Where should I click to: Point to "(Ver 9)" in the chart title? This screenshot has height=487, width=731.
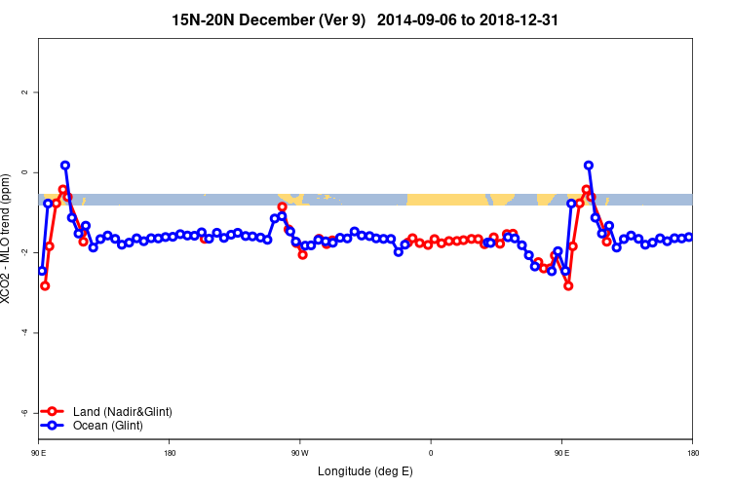click(x=337, y=19)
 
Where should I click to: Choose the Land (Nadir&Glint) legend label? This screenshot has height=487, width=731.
click(x=122, y=412)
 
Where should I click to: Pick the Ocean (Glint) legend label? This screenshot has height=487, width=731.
click(x=108, y=426)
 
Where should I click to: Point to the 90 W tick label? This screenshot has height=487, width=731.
click(x=299, y=453)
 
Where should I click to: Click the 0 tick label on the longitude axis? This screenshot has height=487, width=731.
click(x=430, y=453)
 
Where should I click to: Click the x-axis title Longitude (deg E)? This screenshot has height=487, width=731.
click(x=365, y=471)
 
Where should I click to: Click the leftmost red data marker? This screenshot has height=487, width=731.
click(x=45, y=285)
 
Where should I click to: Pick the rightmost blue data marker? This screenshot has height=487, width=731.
click(x=689, y=237)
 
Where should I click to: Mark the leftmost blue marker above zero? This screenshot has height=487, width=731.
click(x=65, y=166)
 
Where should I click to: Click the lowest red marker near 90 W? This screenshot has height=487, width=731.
click(x=303, y=254)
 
